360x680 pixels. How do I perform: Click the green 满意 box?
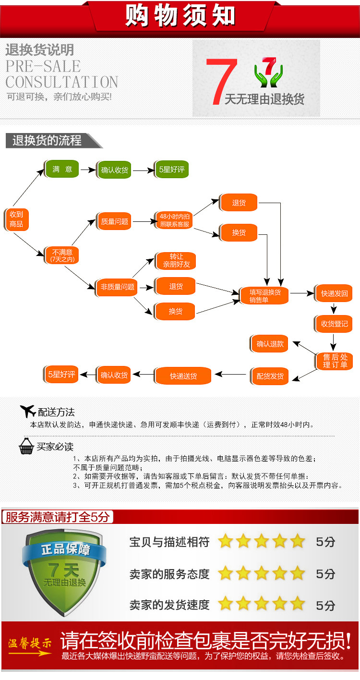click(62, 169)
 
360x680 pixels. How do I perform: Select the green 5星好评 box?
click(172, 170)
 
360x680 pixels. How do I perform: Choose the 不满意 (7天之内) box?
click(62, 255)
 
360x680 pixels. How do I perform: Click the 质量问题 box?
click(114, 222)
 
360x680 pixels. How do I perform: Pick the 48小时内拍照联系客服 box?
click(174, 220)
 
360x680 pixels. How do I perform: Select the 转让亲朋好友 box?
click(176, 261)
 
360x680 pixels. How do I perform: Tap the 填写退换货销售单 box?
click(264, 295)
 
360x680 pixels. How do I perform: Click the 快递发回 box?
click(334, 293)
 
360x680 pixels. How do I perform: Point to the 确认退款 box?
click(270, 344)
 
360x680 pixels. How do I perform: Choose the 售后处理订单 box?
click(334, 361)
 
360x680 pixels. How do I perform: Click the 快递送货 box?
click(183, 376)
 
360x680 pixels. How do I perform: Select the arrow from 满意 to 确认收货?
click(87, 170)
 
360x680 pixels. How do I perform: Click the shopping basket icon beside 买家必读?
click(26, 446)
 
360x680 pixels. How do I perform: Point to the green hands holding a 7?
click(268, 73)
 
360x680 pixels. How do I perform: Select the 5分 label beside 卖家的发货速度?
click(325, 605)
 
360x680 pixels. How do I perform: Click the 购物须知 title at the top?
click(180, 15)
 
